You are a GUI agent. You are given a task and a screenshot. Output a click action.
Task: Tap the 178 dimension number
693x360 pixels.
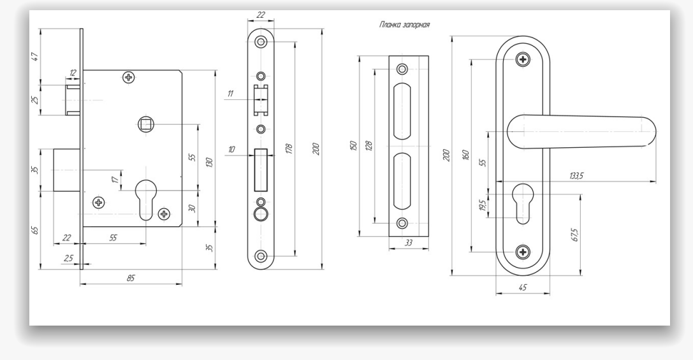[x=289, y=148]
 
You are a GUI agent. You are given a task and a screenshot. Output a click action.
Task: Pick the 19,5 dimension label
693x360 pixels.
[x=482, y=205]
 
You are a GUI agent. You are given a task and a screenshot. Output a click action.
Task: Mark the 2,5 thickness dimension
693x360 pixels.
[x=68, y=258]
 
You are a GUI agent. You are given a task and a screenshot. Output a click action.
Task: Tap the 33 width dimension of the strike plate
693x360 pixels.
[x=408, y=243]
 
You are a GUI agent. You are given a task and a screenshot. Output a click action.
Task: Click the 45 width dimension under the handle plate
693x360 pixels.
[x=522, y=288]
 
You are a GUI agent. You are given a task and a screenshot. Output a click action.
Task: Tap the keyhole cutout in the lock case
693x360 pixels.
[x=146, y=198]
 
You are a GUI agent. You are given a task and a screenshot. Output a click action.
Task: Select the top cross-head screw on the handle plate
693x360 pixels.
[x=523, y=60]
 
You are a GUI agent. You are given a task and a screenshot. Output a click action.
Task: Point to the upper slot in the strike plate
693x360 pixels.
[x=403, y=111]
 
